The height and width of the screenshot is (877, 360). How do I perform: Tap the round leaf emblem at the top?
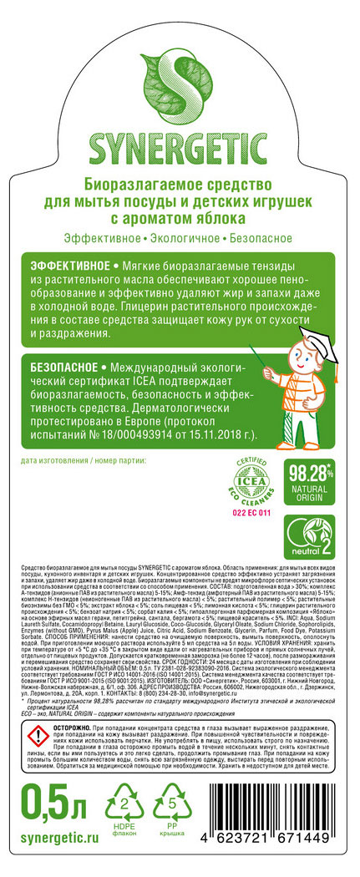tap(180, 68)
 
